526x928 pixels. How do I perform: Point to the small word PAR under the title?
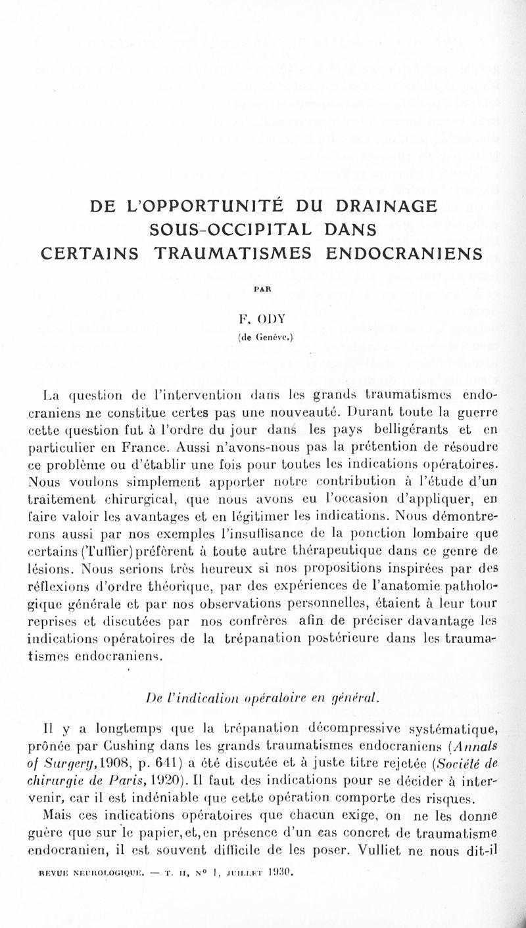(262, 286)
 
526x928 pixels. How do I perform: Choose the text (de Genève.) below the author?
(263, 340)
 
